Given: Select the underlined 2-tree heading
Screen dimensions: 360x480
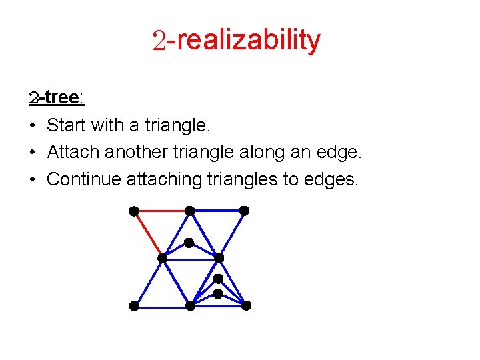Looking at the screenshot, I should point(56,98).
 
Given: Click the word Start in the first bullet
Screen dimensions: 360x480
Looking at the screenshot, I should point(64,125).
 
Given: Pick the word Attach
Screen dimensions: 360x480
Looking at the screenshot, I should point(69,152).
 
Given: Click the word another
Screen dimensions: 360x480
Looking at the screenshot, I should point(133,152).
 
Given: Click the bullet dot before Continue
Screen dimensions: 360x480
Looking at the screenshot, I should point(33,179).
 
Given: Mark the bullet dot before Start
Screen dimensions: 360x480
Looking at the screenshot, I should point(33,125).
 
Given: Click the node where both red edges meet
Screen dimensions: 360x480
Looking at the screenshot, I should point(134,211).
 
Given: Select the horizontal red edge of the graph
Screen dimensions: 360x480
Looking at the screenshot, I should point(162,211).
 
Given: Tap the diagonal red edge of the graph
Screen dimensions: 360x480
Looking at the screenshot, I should point(147,233).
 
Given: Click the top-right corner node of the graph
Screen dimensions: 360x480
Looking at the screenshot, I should point(244,211).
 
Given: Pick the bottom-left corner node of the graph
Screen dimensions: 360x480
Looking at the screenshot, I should point(134,306).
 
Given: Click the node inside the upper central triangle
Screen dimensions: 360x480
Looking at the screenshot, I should point(189,243).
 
